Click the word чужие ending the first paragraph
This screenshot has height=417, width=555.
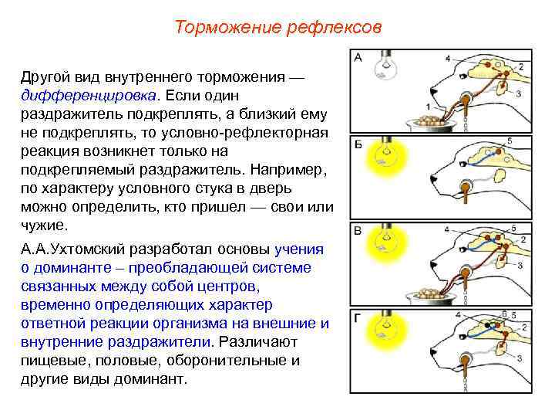[x=46, y=226]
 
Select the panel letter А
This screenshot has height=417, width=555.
[x=358, y=57]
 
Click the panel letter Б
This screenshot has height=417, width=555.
[x=358, y=145]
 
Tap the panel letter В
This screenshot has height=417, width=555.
[x=358, y=230]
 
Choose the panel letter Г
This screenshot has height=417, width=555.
[x=358, y=317]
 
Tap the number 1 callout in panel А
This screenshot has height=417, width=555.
[x=429, y=107]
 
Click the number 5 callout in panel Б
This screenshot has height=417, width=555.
[x=510, y=141]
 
